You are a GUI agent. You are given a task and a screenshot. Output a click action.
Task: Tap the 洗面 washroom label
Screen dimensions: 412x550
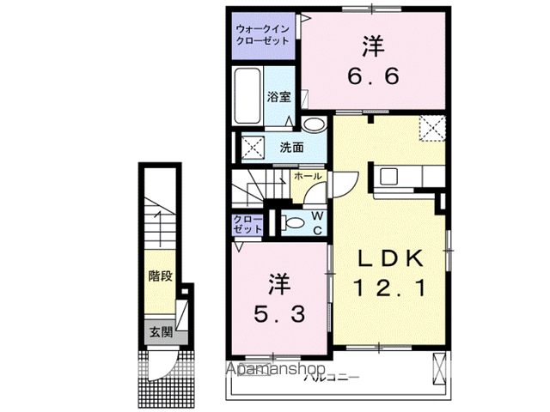coord(292,147)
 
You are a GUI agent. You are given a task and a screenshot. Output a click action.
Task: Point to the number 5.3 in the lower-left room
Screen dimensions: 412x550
coord(278,314)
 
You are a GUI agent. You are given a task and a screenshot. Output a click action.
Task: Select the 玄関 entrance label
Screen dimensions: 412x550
coord(160,331)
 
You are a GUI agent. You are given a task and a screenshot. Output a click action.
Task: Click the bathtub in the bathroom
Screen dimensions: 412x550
coord(248,97)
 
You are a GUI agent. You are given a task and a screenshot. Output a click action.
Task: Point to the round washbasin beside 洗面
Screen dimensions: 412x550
coord(315,126)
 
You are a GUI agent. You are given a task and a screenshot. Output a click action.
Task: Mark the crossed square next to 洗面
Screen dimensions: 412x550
coord(254,147)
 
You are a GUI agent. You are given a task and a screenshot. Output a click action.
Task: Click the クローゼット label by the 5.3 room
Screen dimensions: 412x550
coord(248,225)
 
